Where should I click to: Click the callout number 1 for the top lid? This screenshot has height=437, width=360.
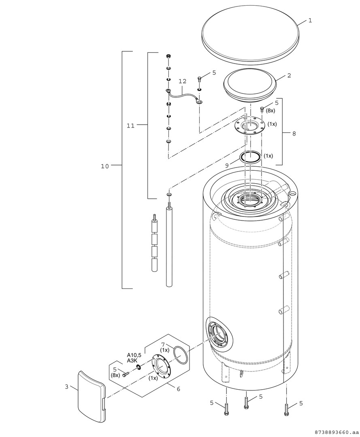point(310,20)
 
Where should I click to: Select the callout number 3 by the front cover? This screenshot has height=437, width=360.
point(67,386)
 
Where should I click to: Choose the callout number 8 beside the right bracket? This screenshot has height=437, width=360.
point(294,133)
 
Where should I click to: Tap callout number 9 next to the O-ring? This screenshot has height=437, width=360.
point(227,165)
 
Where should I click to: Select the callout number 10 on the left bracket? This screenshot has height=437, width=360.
point(105,165)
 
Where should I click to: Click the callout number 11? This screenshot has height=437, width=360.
point(130,125)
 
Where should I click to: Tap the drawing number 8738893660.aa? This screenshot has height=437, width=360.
point(336,432)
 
